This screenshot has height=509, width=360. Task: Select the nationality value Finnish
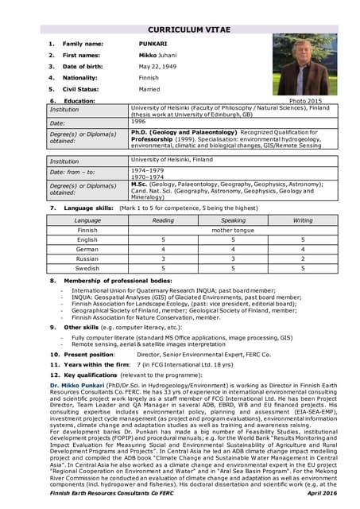[149, 78]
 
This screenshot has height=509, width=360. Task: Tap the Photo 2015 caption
[306, 102]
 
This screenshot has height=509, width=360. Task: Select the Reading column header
[162, 220]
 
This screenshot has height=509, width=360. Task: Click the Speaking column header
[233, 220]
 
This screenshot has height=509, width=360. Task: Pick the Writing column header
[303, 220]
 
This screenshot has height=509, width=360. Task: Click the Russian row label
[87, 258]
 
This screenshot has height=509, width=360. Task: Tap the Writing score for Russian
[303, 258]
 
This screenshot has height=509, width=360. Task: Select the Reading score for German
[162, 248]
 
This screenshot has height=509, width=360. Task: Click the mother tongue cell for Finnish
[233, 229]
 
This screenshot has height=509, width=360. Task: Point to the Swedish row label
[87, 268]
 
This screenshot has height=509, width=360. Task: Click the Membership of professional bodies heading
[118, 281]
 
